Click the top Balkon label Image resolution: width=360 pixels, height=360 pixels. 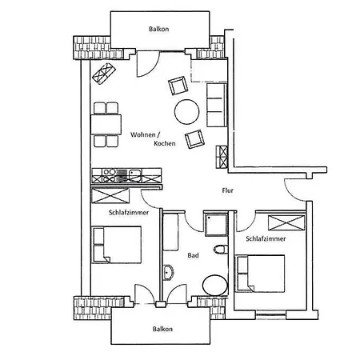click(158, 29)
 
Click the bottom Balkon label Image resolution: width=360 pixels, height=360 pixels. click(162, 329)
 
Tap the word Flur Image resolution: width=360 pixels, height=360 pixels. click(227, 190)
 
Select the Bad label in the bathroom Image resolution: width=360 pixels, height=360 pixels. click(193, 255)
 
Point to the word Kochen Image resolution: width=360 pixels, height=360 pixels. click(165, 143)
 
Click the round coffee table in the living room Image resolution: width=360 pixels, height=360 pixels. click(186, 112)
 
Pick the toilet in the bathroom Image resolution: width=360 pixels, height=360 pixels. click(221, 250)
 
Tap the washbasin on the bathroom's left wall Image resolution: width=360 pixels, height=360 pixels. click(169, 273)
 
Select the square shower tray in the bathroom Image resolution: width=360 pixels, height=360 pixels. click(216, 225)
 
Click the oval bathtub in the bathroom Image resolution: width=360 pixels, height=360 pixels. click(215, 285)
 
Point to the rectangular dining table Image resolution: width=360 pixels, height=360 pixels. click(106, 125)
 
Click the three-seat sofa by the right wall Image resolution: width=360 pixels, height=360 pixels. click(217, 105)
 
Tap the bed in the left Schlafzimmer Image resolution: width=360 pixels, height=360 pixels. click(117, 245)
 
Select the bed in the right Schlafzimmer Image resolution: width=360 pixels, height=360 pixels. click(260, 274)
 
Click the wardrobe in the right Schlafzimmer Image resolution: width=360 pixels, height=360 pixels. click(286, 222)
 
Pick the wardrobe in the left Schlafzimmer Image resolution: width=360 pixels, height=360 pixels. click(110, 195)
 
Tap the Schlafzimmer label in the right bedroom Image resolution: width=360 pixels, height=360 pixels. click(266, 238)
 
